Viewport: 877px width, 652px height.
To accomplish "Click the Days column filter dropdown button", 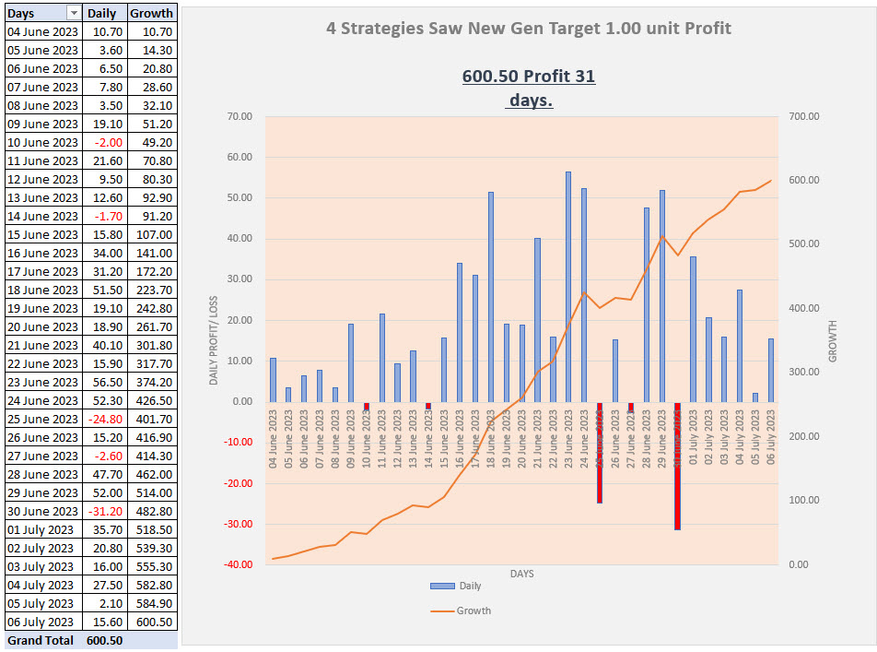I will coord(74,14).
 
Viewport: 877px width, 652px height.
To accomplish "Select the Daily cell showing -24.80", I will coord(104,419).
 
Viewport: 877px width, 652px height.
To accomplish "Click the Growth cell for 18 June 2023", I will coord(152,290).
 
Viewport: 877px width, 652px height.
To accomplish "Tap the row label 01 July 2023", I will coord(41,529).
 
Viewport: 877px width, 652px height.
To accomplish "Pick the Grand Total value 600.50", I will coord(104,640).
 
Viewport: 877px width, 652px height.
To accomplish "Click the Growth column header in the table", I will coord(152,14).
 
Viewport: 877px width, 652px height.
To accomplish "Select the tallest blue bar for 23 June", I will coord(568,286).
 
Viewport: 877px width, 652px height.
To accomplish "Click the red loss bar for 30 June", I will coord(677,466).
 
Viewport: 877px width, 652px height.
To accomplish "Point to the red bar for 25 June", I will coord(599,452).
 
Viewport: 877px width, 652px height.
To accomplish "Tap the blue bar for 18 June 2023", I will coord(490,296).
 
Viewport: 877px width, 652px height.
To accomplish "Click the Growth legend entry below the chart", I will coord(461,611).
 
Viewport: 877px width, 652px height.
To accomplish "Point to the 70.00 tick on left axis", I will coord(240,116).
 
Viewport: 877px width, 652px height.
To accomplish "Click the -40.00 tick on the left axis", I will coord(238,564).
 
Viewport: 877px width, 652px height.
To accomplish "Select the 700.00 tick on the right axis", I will coord(804,116).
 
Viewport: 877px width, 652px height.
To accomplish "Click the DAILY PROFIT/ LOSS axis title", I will coord(214,340).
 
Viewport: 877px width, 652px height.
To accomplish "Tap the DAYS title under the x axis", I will coord(521,574).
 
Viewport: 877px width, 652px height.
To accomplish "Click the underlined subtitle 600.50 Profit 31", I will coord(529,77).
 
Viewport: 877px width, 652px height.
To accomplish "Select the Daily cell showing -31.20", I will coord(104,511).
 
